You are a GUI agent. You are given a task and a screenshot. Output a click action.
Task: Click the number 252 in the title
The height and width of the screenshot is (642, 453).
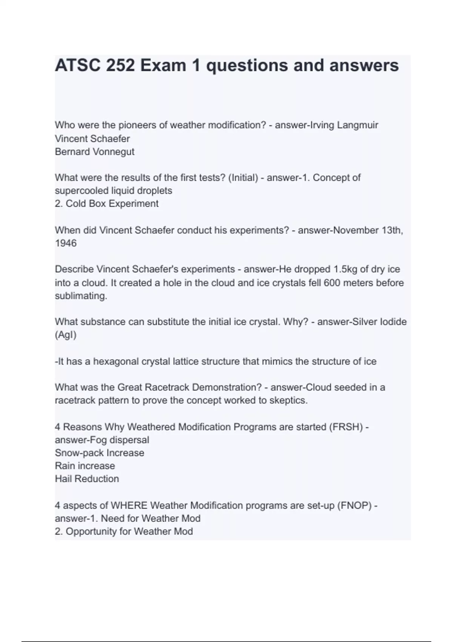120,65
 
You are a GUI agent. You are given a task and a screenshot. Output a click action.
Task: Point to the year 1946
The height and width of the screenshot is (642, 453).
66,243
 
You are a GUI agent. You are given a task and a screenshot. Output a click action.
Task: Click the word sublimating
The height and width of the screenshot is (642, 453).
81,296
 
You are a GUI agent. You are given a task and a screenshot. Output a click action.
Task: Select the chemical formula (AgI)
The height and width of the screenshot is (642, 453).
66,335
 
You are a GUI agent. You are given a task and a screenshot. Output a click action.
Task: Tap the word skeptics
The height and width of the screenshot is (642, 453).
288,400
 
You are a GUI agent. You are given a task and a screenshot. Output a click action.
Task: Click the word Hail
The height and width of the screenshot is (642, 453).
63,479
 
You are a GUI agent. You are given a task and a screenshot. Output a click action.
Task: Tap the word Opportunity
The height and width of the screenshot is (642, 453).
91,531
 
